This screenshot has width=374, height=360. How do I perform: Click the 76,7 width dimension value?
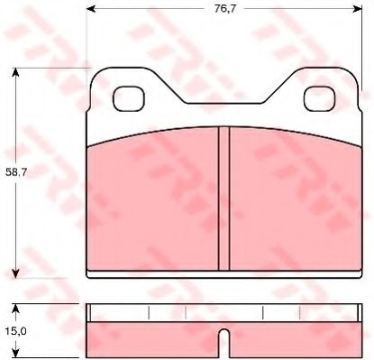pos(225,9)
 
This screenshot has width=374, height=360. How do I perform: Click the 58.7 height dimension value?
pos(16,172)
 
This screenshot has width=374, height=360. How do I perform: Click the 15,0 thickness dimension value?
pos(15,331)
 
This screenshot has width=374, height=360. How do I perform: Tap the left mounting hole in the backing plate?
pos(129,98)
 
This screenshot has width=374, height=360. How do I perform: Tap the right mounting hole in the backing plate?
pos(320,98)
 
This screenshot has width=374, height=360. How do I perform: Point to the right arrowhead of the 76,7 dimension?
pos(358,9)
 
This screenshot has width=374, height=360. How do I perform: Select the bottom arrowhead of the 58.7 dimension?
pos(15,273)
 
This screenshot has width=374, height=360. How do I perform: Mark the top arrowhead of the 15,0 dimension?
pos(15,309)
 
